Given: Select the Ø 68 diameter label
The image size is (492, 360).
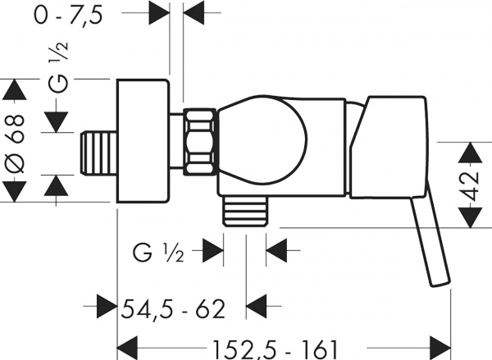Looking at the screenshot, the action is pyautogui.click(x=15, y=144).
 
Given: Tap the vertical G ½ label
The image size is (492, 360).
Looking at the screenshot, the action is pyautogui.click(x=58, y=67).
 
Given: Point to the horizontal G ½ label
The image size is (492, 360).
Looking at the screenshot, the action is pyautogui.click(x=158, y=252).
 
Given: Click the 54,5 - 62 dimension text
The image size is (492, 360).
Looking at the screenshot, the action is pyautogui.click(x=173, y=309).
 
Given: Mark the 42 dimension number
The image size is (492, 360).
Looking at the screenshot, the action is pyautogui.click(x=471, y=186).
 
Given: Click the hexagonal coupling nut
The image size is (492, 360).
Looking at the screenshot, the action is pyautogui.click(x=201, y=141).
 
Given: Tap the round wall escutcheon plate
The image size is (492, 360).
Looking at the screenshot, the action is pyautogui.click(x=143, y=141).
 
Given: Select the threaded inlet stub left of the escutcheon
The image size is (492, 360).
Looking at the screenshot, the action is pyautogui.click(x=98, y=153).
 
